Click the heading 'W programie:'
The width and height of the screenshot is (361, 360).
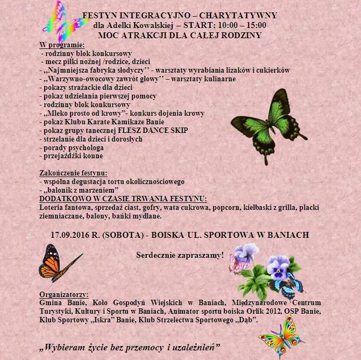coord(62,45)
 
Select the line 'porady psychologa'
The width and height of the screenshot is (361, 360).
coord(72,147)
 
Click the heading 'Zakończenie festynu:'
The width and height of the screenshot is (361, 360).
coord(74,173)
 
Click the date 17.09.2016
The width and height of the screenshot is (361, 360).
coord(72,236)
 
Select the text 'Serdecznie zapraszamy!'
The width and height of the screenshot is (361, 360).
coord(180,255)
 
